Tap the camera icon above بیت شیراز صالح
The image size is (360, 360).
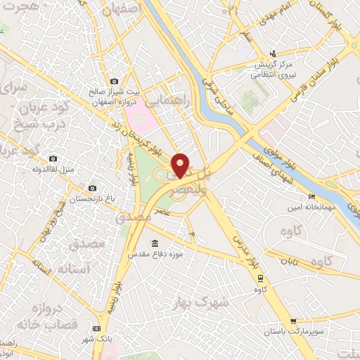point(114,82)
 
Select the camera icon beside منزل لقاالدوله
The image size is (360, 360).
point(53,159)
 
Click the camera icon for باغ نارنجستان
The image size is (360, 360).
point(92,188)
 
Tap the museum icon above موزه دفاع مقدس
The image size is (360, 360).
point(155,243)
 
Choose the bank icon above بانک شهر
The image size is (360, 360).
point(96,329)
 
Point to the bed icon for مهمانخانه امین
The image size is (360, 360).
point(311,196)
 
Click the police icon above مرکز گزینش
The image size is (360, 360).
point(275,54)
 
